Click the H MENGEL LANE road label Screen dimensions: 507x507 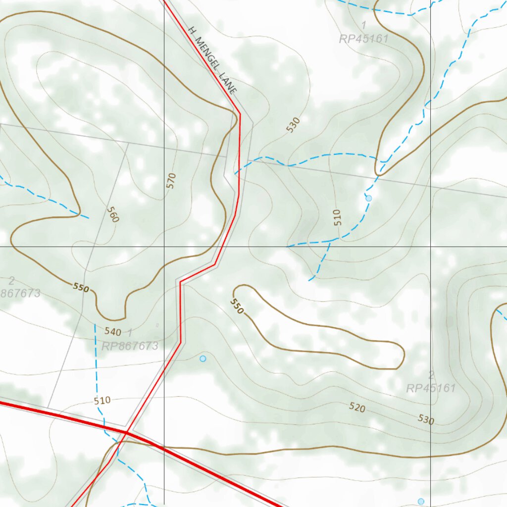pyautogui.click(x=213, y=60)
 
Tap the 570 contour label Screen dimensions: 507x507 pyautogui.click(x=171, y=181)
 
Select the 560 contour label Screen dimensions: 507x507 pyautogui.click(x=113, y=214)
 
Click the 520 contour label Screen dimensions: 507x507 pyautogui.click(x=357, y=407)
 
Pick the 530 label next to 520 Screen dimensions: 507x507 pyautogui.click(x=426, y=420)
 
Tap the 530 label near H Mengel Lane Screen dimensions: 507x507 pyautogui.click(x=293, y=125)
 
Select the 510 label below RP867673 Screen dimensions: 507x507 pyautogui.click(x=102, y=401)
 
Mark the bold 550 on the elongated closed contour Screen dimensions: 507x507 pyautogui.click(x=237, y=306)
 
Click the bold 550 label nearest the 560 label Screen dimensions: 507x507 pyautogui.click(x=81, y=287)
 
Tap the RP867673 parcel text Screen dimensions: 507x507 pyautogui.click(x=130, y=346)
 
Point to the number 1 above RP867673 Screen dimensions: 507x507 pyautogui.click(x=130, y=332)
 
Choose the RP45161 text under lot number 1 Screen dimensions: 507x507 pyautogui.click(x=364, y=39)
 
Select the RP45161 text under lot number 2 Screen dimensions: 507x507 pyautogui.click(x=431, y=388)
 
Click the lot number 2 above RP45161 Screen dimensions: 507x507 pyautogui.click(x=431, y=375)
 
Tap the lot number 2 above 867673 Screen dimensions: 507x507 pyautogui.click(x=11, y=281)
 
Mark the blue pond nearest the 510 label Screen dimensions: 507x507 pyautogui.click(x=368, y=198)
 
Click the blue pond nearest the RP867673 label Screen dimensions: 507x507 pyautogui.click(x=203, y=358)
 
